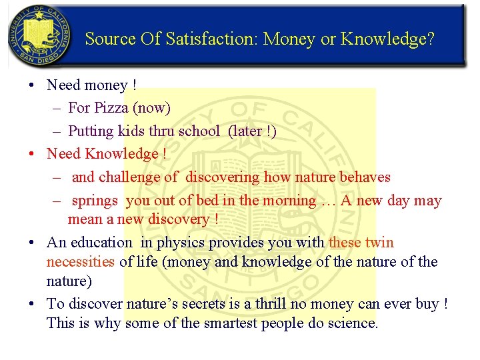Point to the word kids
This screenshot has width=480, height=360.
pos(130,131)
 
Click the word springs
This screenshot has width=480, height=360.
pos(95,200)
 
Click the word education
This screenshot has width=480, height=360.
pos(101,243)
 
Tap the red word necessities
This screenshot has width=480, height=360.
pos(81,261)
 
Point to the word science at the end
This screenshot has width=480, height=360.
pos(354,323)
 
